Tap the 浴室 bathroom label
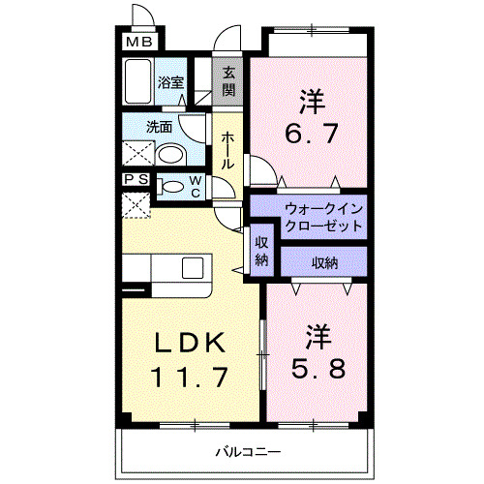pyautogui.click(x=171, y=83)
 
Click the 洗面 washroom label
pyautogui.click(x=160, y=126)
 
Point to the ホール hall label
pyautogui.click(x=227, y=151)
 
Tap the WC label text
pyautogui.click(x=195, y=186)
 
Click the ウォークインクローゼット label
pyautogui.click(x=322, y=216)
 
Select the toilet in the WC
pyautogui.click(x=173, y=187)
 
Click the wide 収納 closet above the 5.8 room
pyautogui.click(x=324, y=262)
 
